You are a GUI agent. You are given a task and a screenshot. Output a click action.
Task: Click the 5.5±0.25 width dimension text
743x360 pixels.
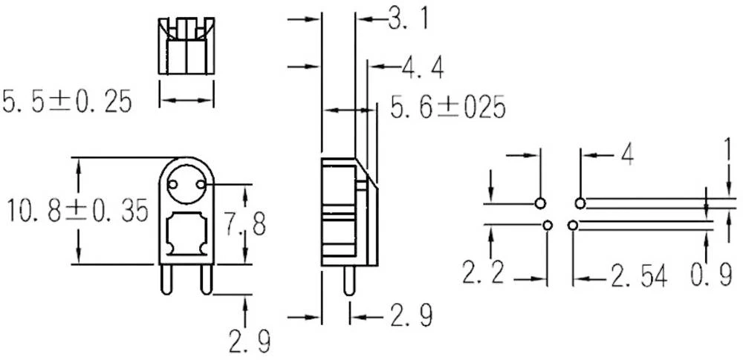tap(67, 101)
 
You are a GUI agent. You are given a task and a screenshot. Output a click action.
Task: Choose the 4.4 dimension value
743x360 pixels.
tap(423, 68)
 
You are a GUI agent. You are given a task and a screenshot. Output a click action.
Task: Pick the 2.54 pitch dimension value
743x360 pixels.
tap(639, 278)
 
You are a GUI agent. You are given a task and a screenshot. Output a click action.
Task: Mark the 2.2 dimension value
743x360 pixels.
tap(483, 275)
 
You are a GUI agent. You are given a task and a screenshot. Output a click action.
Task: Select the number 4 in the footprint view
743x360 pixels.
tap(626, 157)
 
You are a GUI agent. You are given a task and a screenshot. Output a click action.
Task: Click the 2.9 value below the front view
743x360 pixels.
tap(248, 342)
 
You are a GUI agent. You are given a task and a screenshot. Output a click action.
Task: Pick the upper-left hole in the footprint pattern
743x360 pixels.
tap(540, 203)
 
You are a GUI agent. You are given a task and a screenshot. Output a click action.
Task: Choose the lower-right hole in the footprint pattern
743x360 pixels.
tap(572, 225)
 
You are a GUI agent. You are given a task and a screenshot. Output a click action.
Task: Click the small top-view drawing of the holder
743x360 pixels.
tap(186, 46)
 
